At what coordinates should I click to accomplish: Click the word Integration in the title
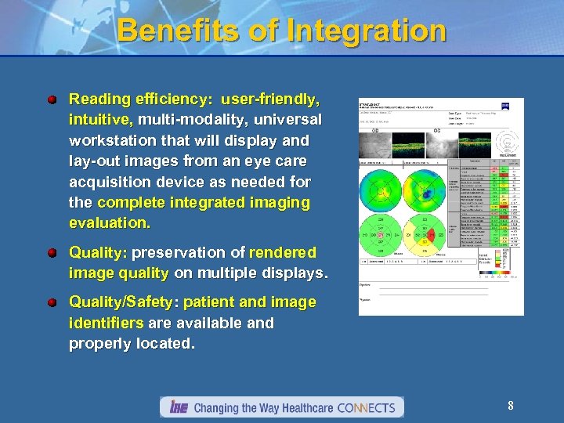coord(367,31)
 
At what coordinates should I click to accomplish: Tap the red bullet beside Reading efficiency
coord(52,100)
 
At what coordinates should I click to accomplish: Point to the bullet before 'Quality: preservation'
coord(52,253)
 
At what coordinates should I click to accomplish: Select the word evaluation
coord(110,222)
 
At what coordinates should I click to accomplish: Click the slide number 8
coord(510,406)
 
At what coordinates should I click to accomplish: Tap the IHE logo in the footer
coord(177,407)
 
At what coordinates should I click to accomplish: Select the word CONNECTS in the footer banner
coord(368,407)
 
